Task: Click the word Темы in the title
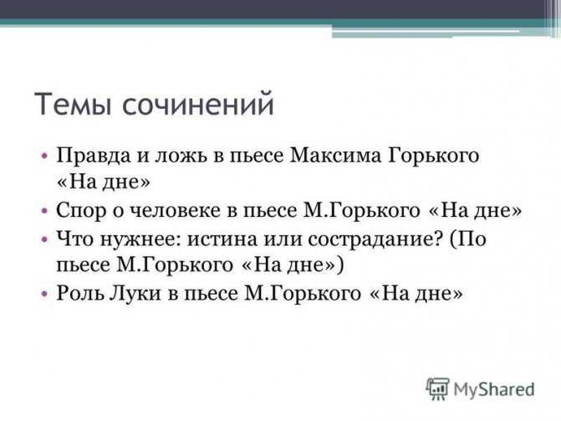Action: [x=73, y=104]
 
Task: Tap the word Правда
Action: [x=94, y=157]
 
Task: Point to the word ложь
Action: [x=181, y=157]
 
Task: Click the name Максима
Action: [x=335, y=156]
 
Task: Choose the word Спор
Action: [x=81, y=210]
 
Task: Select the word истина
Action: [x=222, y=239]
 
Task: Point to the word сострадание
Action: [x=375, y=239]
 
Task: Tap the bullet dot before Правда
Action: [x=44, y=157]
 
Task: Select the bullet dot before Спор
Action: [x=44, y=210]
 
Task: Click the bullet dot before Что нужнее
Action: [x=44, y=239]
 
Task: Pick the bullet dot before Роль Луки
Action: [x=44, y=294]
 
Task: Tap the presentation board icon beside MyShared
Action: [x=437, y=388]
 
